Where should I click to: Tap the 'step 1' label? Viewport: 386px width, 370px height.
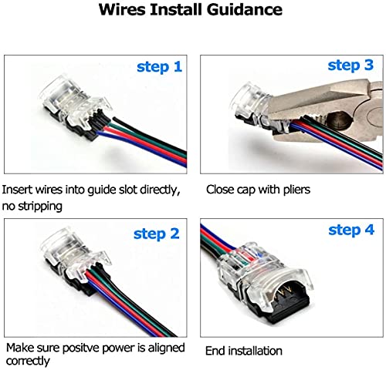click(160, 67)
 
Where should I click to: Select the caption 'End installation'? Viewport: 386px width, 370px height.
click(243, 351)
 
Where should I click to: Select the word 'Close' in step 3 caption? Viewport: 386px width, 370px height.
click(219, 189)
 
